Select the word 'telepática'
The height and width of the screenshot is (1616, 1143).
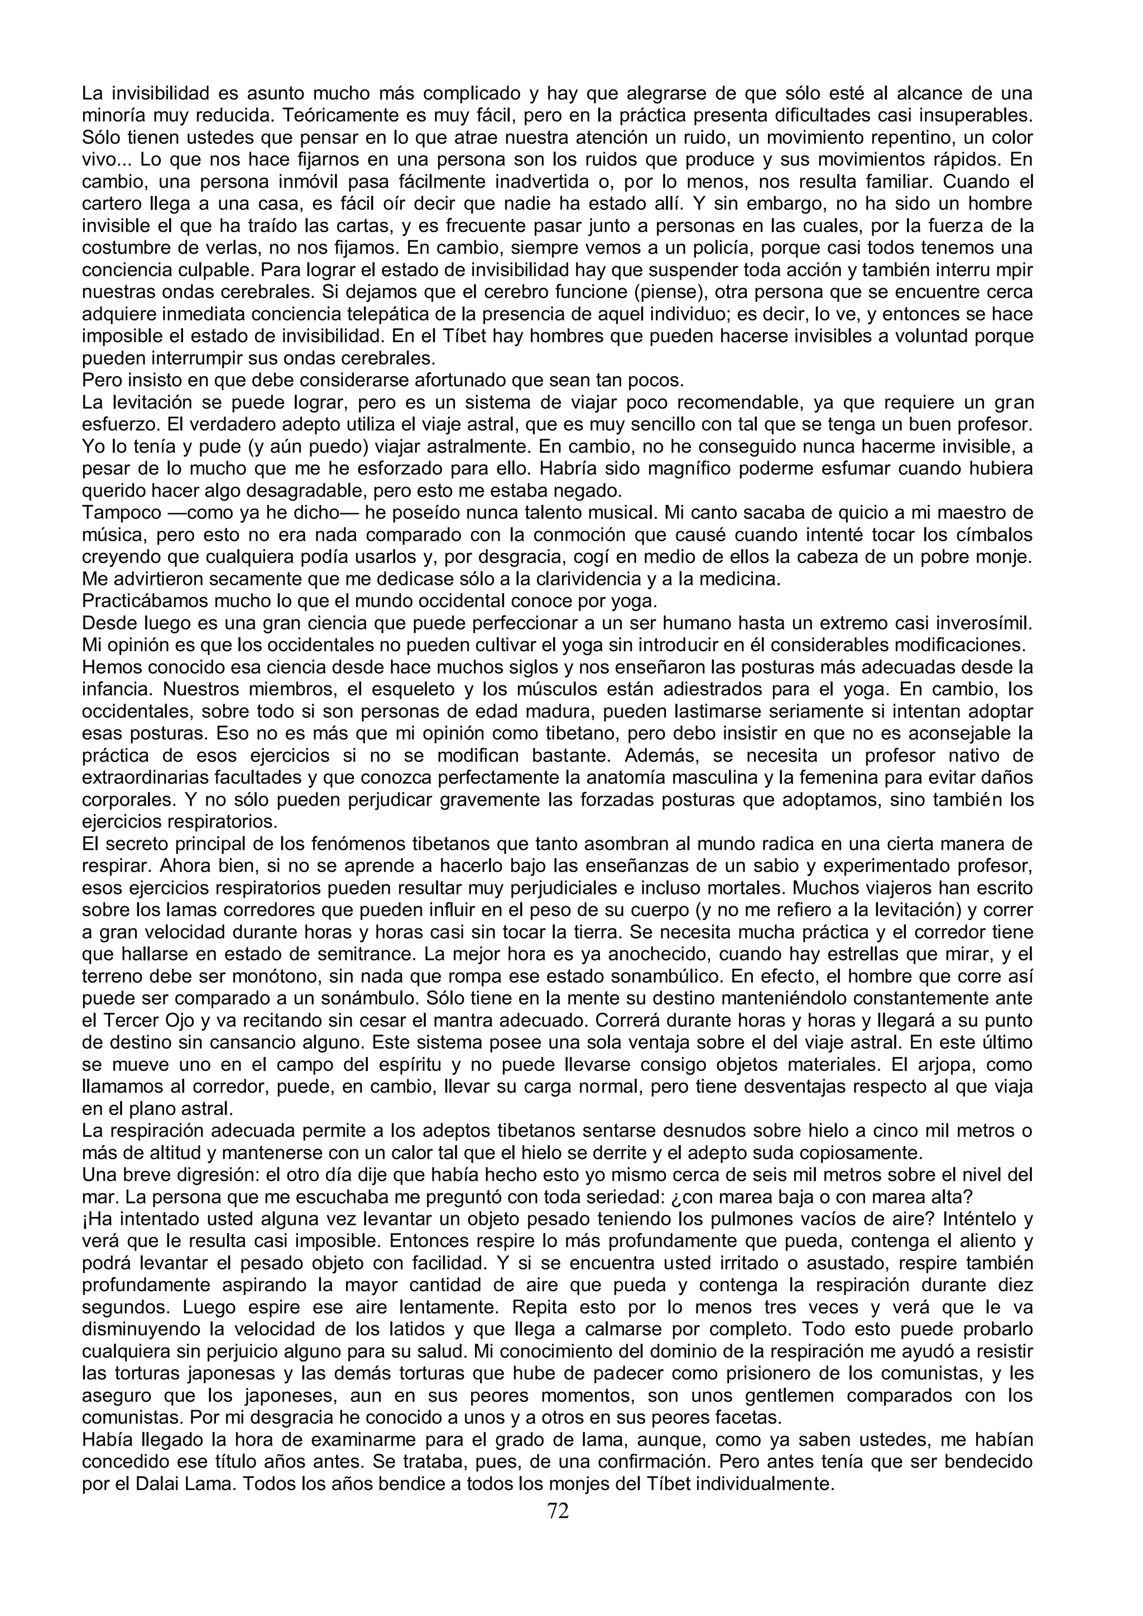419,315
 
